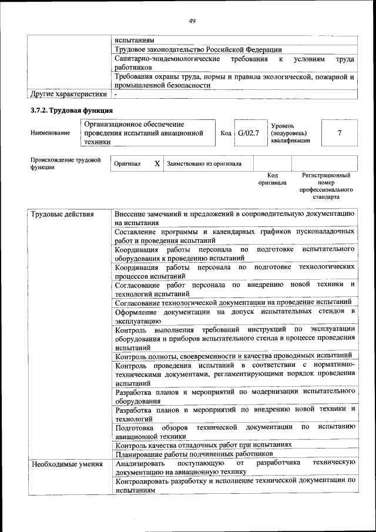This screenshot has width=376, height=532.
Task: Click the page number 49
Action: coord(192,21)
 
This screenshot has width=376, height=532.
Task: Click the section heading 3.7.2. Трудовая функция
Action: coord(71,111)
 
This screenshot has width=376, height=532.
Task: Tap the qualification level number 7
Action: coord(339,133)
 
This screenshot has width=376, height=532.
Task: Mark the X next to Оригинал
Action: coord(157,163)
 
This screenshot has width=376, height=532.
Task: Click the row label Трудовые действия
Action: coord(62,215)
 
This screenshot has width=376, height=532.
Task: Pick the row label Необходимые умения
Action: coord(66,463)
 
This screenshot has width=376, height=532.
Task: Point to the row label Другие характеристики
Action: coord(68,93)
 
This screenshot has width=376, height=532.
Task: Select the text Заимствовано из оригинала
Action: coord(204,163)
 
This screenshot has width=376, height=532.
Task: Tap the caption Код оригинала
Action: coord(272,179)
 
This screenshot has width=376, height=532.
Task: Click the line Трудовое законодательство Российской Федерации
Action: coord(199,50)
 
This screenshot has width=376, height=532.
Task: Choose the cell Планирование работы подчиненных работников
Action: coord(194,454)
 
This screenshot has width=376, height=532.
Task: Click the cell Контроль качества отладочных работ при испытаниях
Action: coord(203,445)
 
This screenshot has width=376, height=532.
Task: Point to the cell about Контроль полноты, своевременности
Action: coord(233,355)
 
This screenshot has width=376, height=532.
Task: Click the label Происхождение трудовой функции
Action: coord(65,163)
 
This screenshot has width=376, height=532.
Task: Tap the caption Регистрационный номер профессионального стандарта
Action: coord(326,186)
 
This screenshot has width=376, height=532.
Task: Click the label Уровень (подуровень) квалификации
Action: coord(290,133)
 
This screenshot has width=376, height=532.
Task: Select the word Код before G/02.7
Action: coord(226,133)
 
